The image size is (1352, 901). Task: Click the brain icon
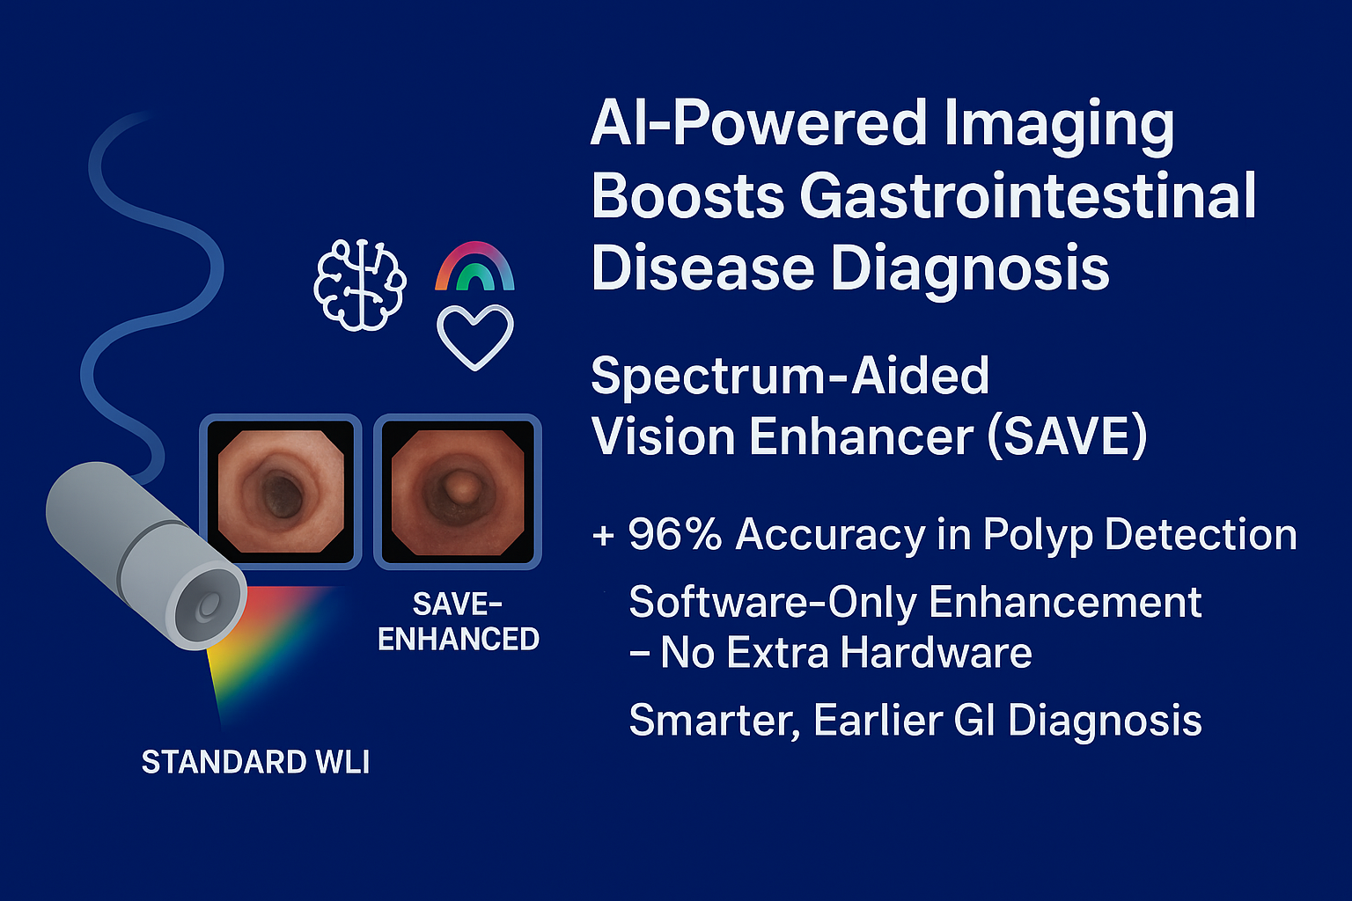coord(360,285)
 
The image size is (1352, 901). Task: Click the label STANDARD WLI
coord(255,762)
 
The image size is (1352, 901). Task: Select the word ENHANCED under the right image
coord(458,639)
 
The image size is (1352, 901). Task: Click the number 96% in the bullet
coord(675,534)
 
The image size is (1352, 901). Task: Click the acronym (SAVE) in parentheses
coord(1067,436)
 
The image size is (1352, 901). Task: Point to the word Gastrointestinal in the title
coord(1028,195)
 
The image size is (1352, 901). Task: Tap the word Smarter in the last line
coord(715,721)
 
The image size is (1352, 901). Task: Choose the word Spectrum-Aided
coord(790,376)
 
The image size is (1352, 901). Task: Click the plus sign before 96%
coord(604,535)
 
